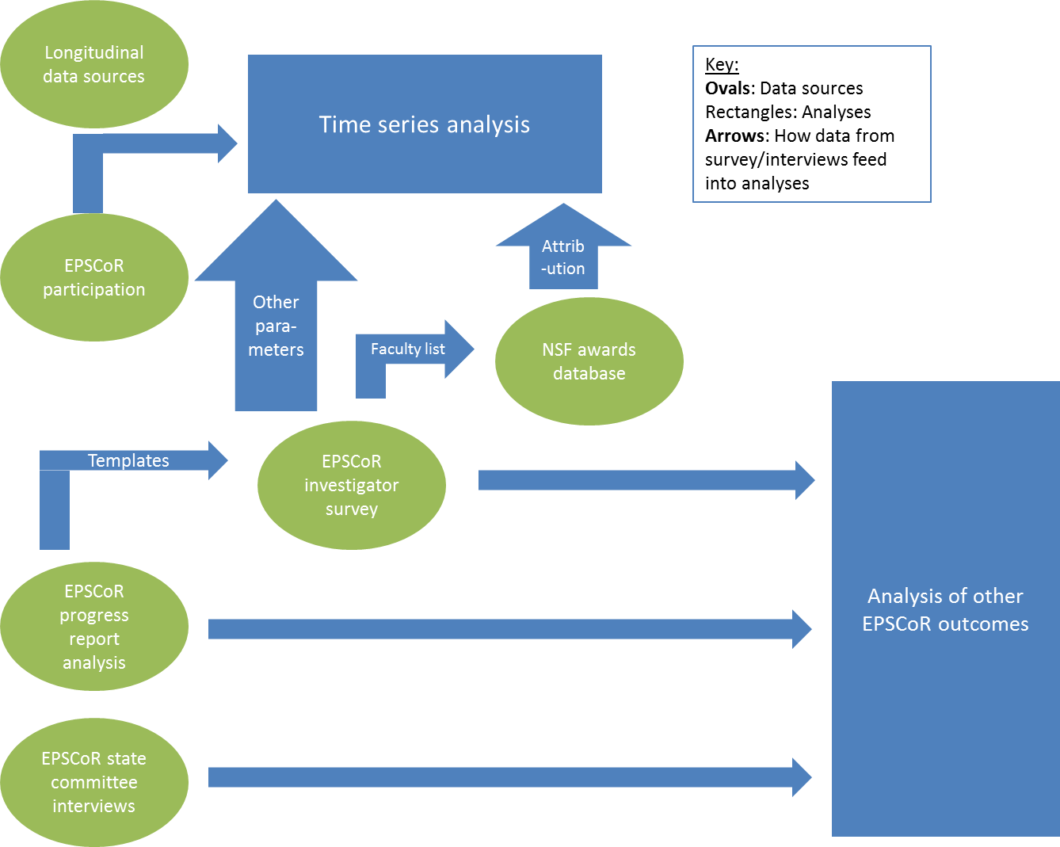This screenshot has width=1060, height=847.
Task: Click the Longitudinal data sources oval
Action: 93,64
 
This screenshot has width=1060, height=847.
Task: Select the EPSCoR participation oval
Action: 93,277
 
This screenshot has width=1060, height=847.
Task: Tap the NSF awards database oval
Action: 589,361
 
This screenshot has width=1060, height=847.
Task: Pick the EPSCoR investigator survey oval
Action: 351,485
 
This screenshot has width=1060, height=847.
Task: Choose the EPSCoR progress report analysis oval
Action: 93,627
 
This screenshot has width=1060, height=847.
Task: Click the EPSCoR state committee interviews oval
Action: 93,782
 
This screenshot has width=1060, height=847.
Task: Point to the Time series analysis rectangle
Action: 425,124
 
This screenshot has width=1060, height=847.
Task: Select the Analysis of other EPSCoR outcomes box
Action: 945,609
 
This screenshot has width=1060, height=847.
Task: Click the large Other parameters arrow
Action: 276,325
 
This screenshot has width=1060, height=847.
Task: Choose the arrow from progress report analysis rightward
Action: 507,630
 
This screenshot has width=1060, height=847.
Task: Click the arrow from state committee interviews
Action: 507,777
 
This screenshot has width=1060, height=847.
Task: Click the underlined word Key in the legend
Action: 721,65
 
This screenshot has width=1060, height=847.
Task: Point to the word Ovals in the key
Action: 728,88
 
